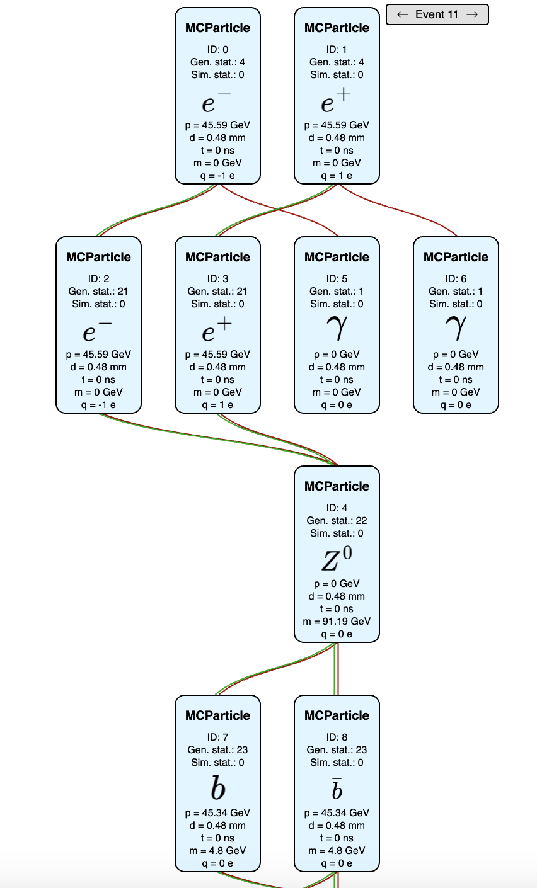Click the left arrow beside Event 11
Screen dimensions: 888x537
(x=403, y=14)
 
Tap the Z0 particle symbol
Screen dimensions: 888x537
(x=337, y=559)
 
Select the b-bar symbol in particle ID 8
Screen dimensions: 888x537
(x=337, y=789)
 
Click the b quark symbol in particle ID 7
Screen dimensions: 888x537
(x=217, y=788)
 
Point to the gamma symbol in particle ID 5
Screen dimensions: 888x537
(x=337, y=329)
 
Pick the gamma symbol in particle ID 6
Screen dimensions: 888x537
(x=456, y=329)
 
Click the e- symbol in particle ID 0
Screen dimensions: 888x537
(x=217, y=101)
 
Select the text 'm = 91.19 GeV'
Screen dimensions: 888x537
(x=337, y=622)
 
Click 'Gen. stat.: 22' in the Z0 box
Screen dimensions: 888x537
(x=337, y=521)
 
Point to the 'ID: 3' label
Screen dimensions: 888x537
(x=217, y=279)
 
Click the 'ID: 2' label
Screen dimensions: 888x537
(x=98, y=279)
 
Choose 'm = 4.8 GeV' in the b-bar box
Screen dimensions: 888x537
(x=337, y=851)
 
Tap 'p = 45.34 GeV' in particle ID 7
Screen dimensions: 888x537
(x=217, y=813)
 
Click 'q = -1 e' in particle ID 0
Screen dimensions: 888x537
(x=217, y=176)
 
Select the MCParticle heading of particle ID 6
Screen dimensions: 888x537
(x=456, y=257)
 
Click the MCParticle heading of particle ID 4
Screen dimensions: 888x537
(x=337, y=486)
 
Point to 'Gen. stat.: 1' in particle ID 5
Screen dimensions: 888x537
(x=337, y=292)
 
